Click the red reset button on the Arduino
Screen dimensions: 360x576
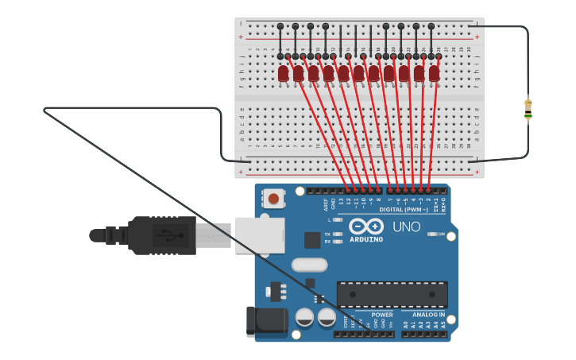coord(273,198)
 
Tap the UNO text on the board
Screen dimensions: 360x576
coord(407,227)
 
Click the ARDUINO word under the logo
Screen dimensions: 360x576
coord(365,239)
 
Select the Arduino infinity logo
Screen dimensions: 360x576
coord(365,226)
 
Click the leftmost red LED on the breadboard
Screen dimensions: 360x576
coord(284,73)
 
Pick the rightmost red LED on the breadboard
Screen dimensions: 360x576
coord(434,73)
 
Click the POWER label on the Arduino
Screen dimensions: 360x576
coord(382,315)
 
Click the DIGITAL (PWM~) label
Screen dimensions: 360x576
coord(403,210)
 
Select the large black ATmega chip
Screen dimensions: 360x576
coord(392,294)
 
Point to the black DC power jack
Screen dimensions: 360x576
coord(266,321)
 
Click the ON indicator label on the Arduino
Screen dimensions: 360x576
coord(441,234)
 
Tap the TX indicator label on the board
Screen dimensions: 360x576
coord(327,234)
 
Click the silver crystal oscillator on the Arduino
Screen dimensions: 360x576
coord(309,265)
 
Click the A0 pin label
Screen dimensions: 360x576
coord(405,324)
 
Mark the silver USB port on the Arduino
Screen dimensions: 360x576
coord(259,235)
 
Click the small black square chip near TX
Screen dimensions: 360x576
coord(312,239)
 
